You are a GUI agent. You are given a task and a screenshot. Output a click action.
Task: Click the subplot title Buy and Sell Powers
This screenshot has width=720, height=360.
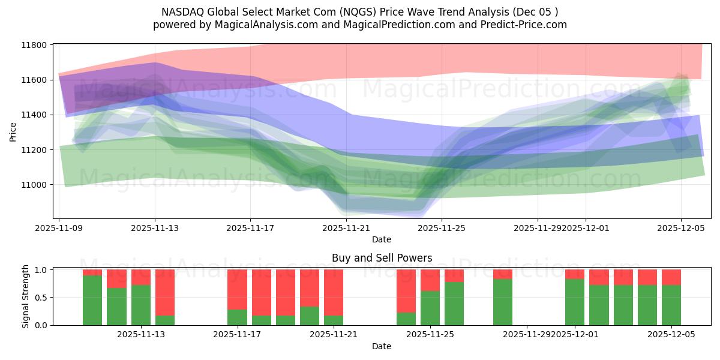pos(382,259)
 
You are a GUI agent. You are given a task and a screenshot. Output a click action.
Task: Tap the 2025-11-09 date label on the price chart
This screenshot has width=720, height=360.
pos(59,228)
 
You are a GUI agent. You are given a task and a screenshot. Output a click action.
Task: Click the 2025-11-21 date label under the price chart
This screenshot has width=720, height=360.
pos(346,228)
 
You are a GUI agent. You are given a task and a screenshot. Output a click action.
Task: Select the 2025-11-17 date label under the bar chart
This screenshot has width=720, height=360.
pos(238,334)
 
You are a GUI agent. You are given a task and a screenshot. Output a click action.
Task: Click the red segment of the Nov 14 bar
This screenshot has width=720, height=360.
pos(165,292)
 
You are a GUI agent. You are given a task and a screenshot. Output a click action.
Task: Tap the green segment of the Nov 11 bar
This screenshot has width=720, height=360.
pos(92,300)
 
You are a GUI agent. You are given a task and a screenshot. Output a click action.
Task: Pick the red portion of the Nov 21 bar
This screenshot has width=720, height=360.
pos(334,292)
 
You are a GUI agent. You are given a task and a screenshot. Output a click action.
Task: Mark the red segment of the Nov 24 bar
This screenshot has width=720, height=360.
pos(406,290)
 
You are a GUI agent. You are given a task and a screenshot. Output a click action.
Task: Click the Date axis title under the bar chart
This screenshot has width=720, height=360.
pos(382,346)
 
